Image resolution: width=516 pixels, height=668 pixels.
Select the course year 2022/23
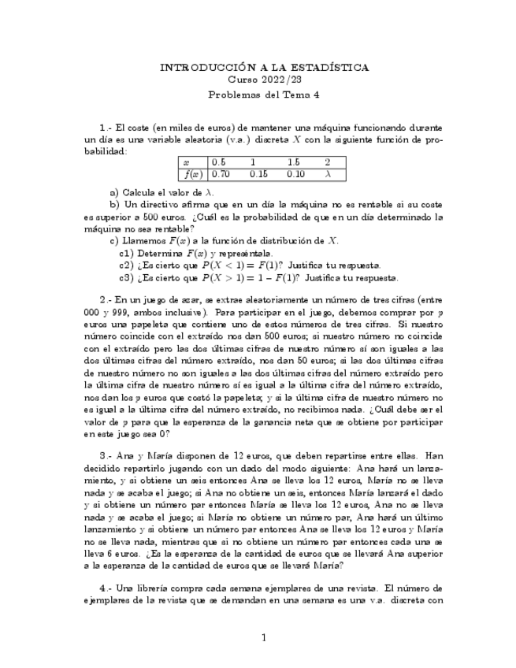click(x=277, y=80)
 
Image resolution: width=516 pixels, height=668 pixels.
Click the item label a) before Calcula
click(x=115, y=191)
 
